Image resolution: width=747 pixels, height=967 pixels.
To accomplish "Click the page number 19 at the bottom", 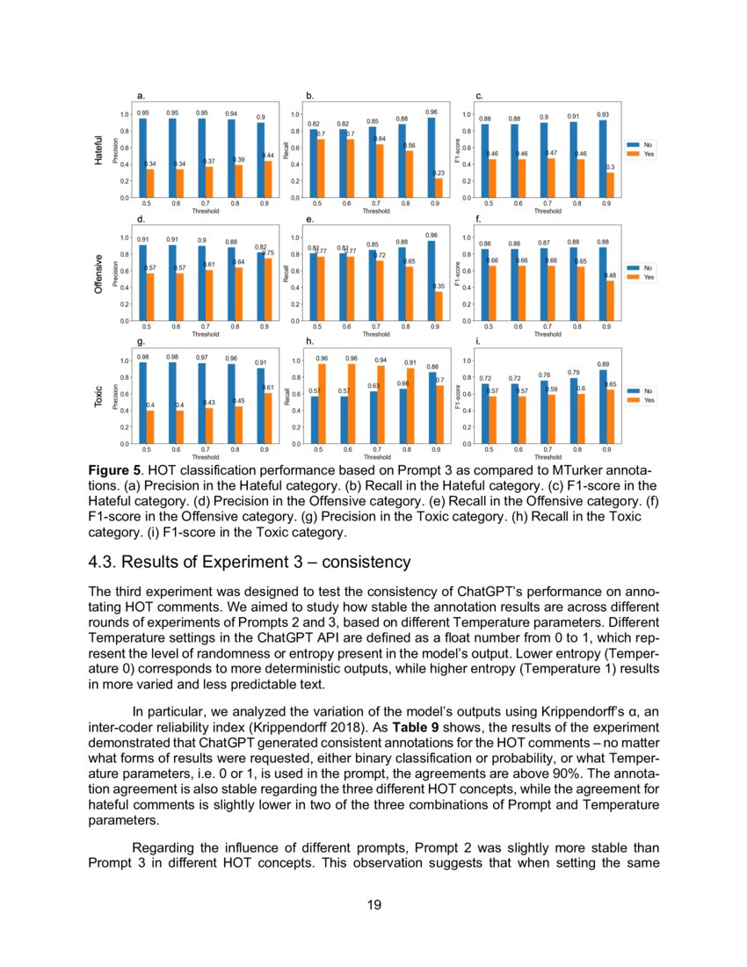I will pyautogui.click(x=373, y=905).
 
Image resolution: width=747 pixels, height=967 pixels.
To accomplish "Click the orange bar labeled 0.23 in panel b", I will pyautogui.click(x=439, y=187).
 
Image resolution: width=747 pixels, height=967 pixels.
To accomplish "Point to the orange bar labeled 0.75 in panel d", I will pyautogui.click(x=268, y=289).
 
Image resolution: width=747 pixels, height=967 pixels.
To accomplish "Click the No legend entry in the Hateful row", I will pyautogui.click(x=641, y=144).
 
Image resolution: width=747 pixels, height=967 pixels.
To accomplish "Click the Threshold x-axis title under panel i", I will pyautogui.click(x=548, y=457).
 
